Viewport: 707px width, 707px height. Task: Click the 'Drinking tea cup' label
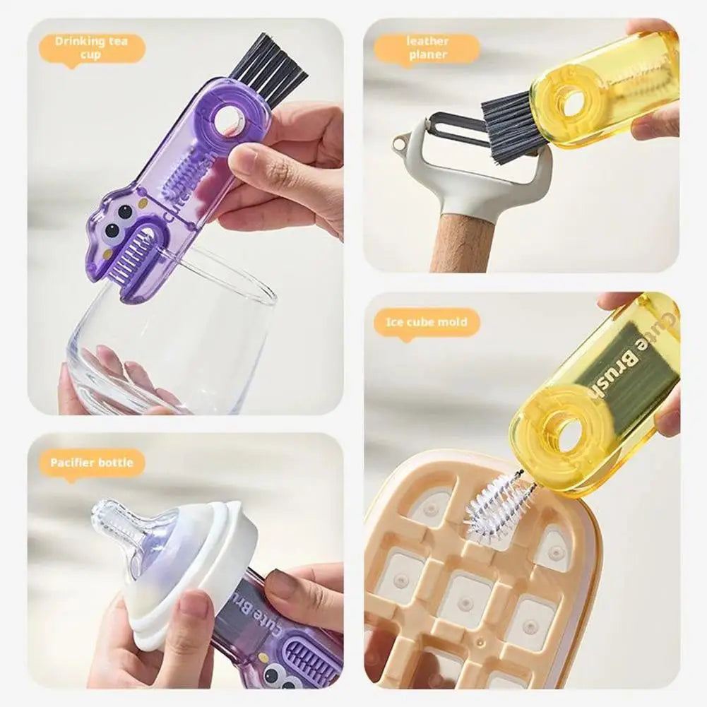(90, 48)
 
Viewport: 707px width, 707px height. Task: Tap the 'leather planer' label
(427, 47)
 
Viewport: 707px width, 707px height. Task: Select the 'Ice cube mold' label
(427, 322)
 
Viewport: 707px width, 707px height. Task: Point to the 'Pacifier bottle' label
(91, 463)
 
